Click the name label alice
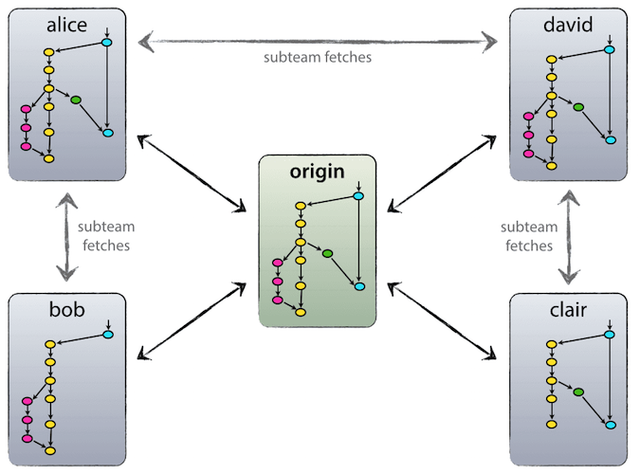(x=66, y=25)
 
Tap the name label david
(x=569, y=25)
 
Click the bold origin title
(x=318, y=173)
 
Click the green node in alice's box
(x=76, y=99)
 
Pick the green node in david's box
(x=578, y=106)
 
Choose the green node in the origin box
(x=327, y=253)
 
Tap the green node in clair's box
(x=578, y=392)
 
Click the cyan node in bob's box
(x=107, y=335)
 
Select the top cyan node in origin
(x=358, y=196)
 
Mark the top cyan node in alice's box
(x=107, y=44)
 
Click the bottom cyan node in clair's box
(x=610, y=425)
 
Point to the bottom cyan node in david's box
(x=610, y=139)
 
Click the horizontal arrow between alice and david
(x=318, y=41)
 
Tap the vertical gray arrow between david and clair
(x=570, y=237)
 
